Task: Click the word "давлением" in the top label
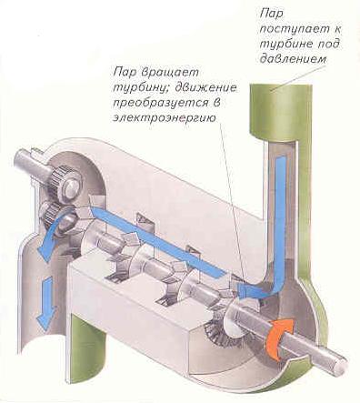(x=293, y=58)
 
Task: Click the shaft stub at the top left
(x=32, y=162)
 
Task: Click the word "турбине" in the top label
(x=285, y=45)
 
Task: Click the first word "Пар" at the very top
(x=271, y=15)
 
